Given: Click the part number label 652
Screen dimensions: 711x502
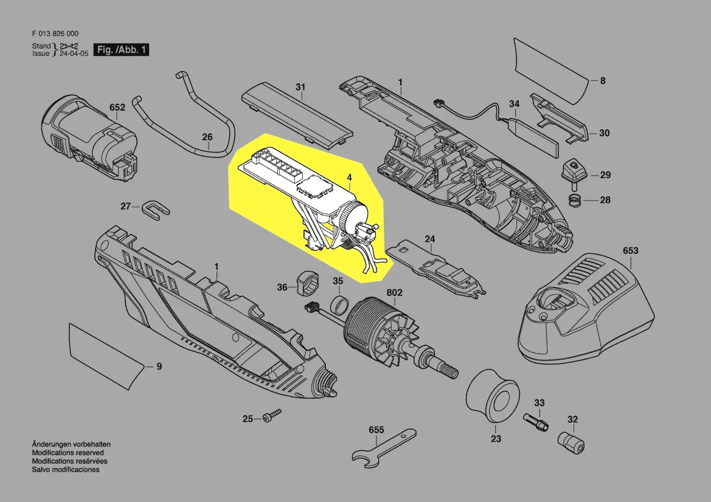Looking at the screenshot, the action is [117, 108].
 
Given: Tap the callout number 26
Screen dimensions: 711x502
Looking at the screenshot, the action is [207, 137].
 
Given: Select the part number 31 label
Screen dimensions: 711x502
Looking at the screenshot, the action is [300, 86].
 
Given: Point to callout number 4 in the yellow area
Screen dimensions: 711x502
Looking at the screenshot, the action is [350, 177].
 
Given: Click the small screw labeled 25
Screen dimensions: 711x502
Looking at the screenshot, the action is [272, 415].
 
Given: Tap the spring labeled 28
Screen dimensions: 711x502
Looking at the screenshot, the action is [575, 199].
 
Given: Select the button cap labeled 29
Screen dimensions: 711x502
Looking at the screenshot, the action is [573, 172].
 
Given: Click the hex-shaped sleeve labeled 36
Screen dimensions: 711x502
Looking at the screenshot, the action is [307, 283].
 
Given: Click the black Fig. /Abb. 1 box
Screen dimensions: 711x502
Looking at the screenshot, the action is [121, 49].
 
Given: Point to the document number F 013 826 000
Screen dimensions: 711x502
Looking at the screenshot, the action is [55, 33].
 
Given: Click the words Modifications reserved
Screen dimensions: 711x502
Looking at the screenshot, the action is [68, 453].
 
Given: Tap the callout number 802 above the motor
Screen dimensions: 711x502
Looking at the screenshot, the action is [394, 293].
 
